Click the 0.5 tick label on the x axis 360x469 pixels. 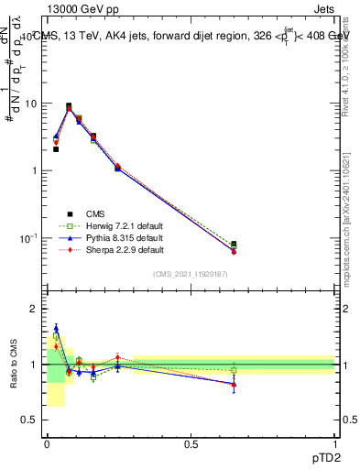click(191, 443)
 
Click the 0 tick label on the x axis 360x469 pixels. click(47, 443)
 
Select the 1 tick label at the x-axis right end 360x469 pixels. click(334, 443)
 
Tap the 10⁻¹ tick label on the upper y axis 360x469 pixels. click(29, 238)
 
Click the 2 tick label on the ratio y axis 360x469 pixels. click(34, 309)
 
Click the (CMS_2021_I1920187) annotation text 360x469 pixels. click(191, 274)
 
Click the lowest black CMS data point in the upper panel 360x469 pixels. click(234, 245)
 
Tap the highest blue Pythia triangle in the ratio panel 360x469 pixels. click(56, 328)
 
